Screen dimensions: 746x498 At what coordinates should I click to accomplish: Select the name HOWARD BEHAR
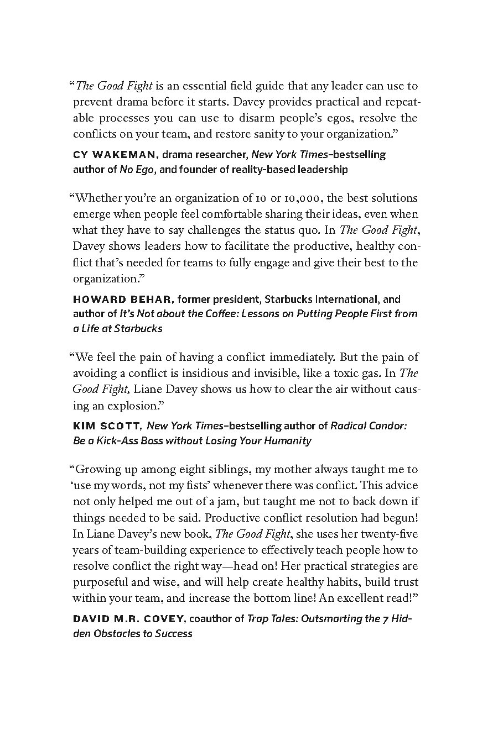coord(123,300)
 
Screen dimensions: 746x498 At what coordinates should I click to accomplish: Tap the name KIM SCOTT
coord(107,425)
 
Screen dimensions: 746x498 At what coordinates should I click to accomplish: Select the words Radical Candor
coord(368,425)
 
